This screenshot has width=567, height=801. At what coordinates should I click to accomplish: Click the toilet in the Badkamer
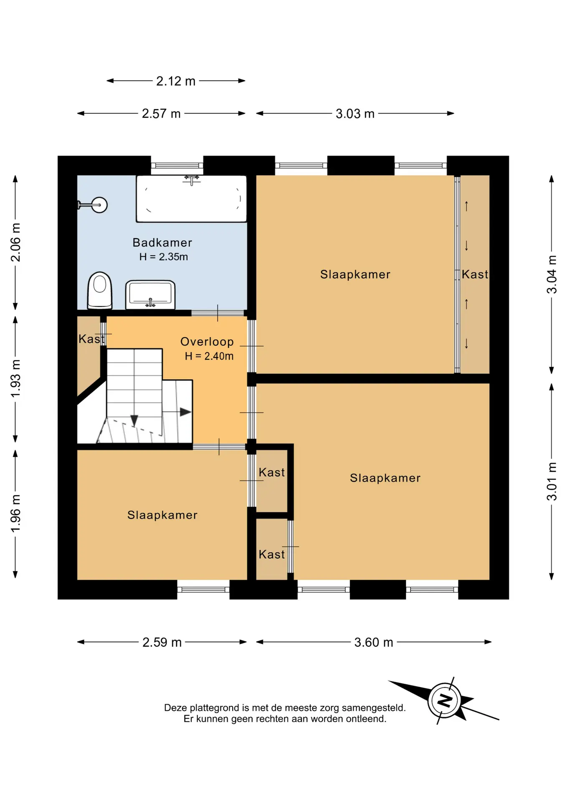coord(100,290)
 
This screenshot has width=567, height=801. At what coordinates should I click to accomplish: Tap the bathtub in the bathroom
coord(192,199)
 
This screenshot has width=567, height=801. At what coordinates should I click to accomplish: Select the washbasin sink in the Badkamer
coord(150,295)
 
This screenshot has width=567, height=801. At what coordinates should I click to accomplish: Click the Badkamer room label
coord(162,242)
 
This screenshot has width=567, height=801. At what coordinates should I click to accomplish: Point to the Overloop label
coord(207,342)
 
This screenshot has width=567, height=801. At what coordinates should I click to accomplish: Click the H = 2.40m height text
coord(209,356)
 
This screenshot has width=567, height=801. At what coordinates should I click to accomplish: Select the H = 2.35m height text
coord(164,257)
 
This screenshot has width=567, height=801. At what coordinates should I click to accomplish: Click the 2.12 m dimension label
coord(176,81)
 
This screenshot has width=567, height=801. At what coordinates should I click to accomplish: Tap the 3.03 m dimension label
coord(355,113)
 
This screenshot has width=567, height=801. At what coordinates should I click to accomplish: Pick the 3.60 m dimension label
coord(374,642)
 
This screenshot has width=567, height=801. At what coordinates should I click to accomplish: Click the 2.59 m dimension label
coord(162,642)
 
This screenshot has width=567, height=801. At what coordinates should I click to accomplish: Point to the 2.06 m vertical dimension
coord(15,242)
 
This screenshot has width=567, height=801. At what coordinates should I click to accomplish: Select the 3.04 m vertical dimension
coord(552,274)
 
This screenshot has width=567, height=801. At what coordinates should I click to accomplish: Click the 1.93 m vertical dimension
coord(15,379)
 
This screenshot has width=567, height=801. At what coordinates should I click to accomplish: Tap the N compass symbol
coord(445,700)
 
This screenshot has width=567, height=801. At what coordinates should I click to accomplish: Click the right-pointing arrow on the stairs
coord(177,412)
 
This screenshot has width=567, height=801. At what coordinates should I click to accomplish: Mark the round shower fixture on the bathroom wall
coord(99,205)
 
